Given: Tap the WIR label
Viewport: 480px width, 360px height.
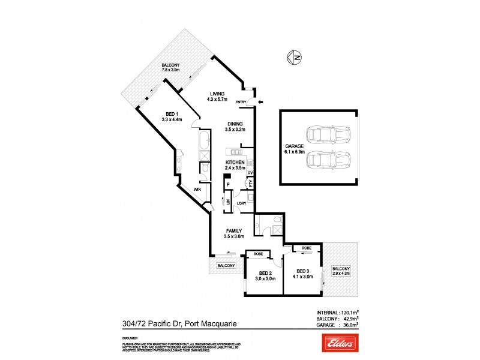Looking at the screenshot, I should [x=197, y=190].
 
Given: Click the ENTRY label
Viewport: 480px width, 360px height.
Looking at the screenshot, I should [x=242, y=102].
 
